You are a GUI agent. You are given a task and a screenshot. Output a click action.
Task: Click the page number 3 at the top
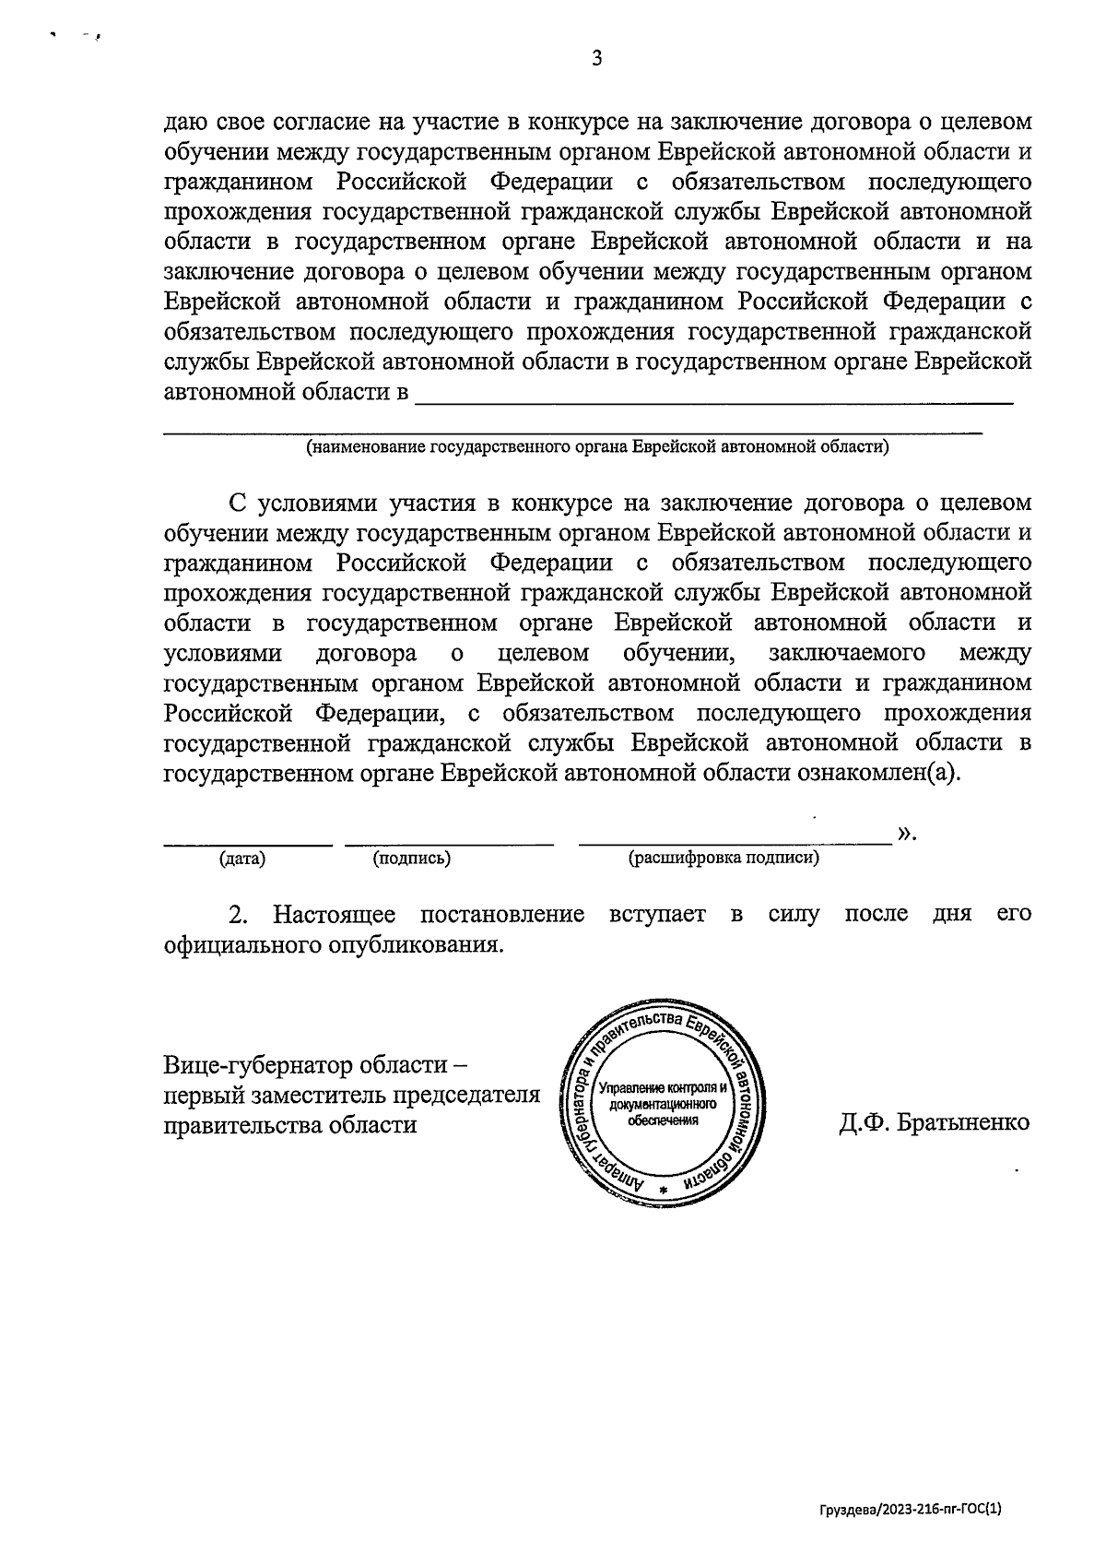coord(596,59)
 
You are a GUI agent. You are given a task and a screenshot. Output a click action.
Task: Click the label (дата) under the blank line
coord(242,859)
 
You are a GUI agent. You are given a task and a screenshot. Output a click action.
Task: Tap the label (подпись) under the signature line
coord(411,859)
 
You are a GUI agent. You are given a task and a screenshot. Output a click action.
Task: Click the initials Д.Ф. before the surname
coord(863,1123)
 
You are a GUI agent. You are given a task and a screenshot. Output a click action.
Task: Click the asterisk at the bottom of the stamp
coord(662,1191)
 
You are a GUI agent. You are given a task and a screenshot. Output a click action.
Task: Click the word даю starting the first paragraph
coord(184,123)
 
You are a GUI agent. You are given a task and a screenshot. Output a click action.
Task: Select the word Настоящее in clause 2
coord(335,915)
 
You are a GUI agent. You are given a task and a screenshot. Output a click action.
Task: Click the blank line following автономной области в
coord(714,398)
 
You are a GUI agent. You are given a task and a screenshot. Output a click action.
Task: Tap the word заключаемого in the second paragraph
coord(846,653)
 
